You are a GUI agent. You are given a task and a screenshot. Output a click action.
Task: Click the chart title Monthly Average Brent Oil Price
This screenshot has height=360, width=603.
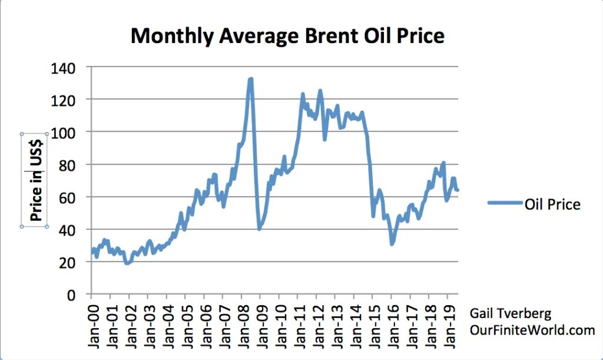pos(287,36)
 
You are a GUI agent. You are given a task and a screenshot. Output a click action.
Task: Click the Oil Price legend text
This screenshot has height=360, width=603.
pos(552,204)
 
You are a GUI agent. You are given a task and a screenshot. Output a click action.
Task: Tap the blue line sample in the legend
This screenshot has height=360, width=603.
pos(505,203)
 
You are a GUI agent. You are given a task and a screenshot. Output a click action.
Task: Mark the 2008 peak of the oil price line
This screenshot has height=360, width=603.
pos(251,79)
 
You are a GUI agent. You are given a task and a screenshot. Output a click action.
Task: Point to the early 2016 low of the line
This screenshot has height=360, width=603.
pos(392,243)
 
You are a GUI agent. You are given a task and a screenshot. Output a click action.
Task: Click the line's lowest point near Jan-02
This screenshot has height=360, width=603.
pos(127,263)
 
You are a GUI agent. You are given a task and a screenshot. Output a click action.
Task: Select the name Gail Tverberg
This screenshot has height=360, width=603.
pos(511,313)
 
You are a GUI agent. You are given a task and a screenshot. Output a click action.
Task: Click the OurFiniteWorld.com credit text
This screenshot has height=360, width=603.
pos(532,330)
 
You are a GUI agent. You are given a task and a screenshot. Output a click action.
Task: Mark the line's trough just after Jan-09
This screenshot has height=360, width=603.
pos(260,228)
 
